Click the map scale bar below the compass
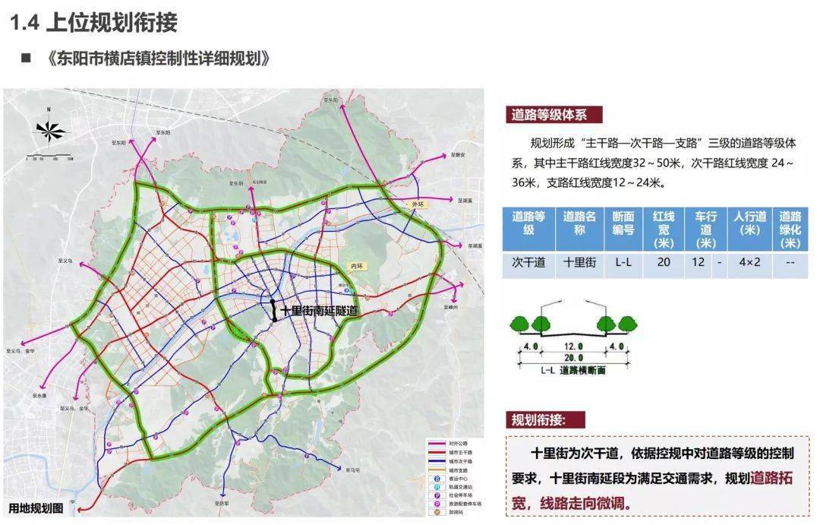[x=49, y=157]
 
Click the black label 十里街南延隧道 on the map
[x=318, y=312]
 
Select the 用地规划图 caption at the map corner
[x=36, y=508]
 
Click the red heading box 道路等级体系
[x=556, y=115]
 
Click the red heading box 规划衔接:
[x=546, y=420]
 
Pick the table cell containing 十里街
[x=580, y=263]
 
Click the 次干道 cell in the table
[x=528, y=263]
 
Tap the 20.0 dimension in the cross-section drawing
[x=573, y=358]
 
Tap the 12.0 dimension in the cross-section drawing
[x=573, y=346]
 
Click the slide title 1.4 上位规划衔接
[x=93, y=22]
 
